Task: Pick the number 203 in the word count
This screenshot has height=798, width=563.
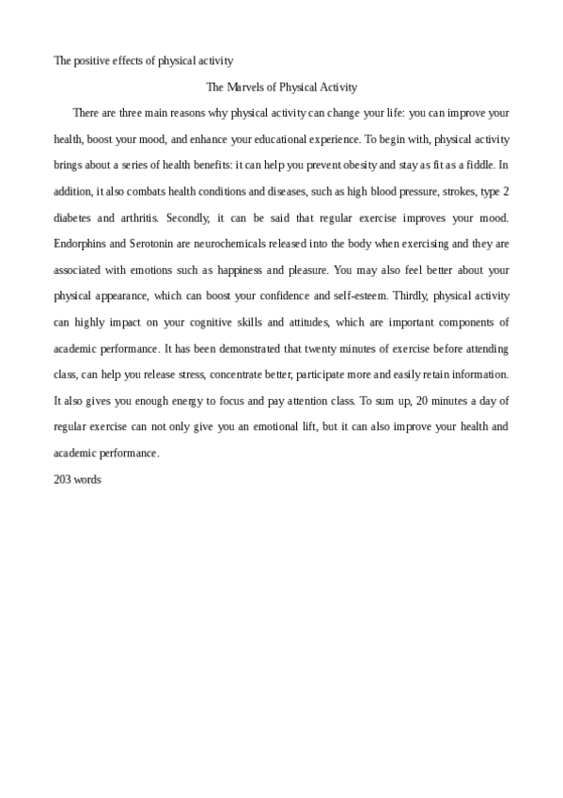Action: [63, 479]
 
